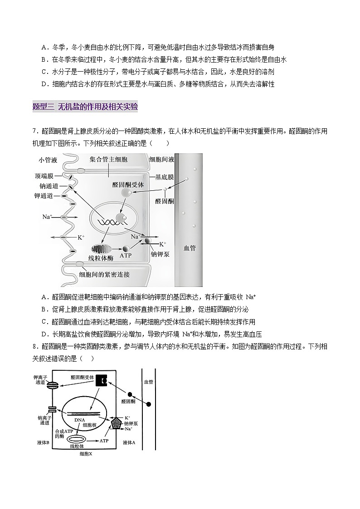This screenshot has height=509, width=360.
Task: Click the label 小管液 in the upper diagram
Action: click(x=48, y=160)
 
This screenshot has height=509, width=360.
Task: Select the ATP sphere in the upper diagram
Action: click(x=126, y=248)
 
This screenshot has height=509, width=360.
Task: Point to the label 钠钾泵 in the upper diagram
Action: click(x=161, y=255)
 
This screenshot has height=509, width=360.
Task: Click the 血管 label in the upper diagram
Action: click(x=189, y=248)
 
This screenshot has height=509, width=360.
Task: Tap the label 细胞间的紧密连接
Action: click(x=104, y=275)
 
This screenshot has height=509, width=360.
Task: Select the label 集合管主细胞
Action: click(x=108, y=160)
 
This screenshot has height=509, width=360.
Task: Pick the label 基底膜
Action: click(x=164, y=177)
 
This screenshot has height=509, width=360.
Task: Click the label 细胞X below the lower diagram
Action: click(x=86, y=454)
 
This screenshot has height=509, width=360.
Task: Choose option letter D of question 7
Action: click(x=44, y=334)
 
